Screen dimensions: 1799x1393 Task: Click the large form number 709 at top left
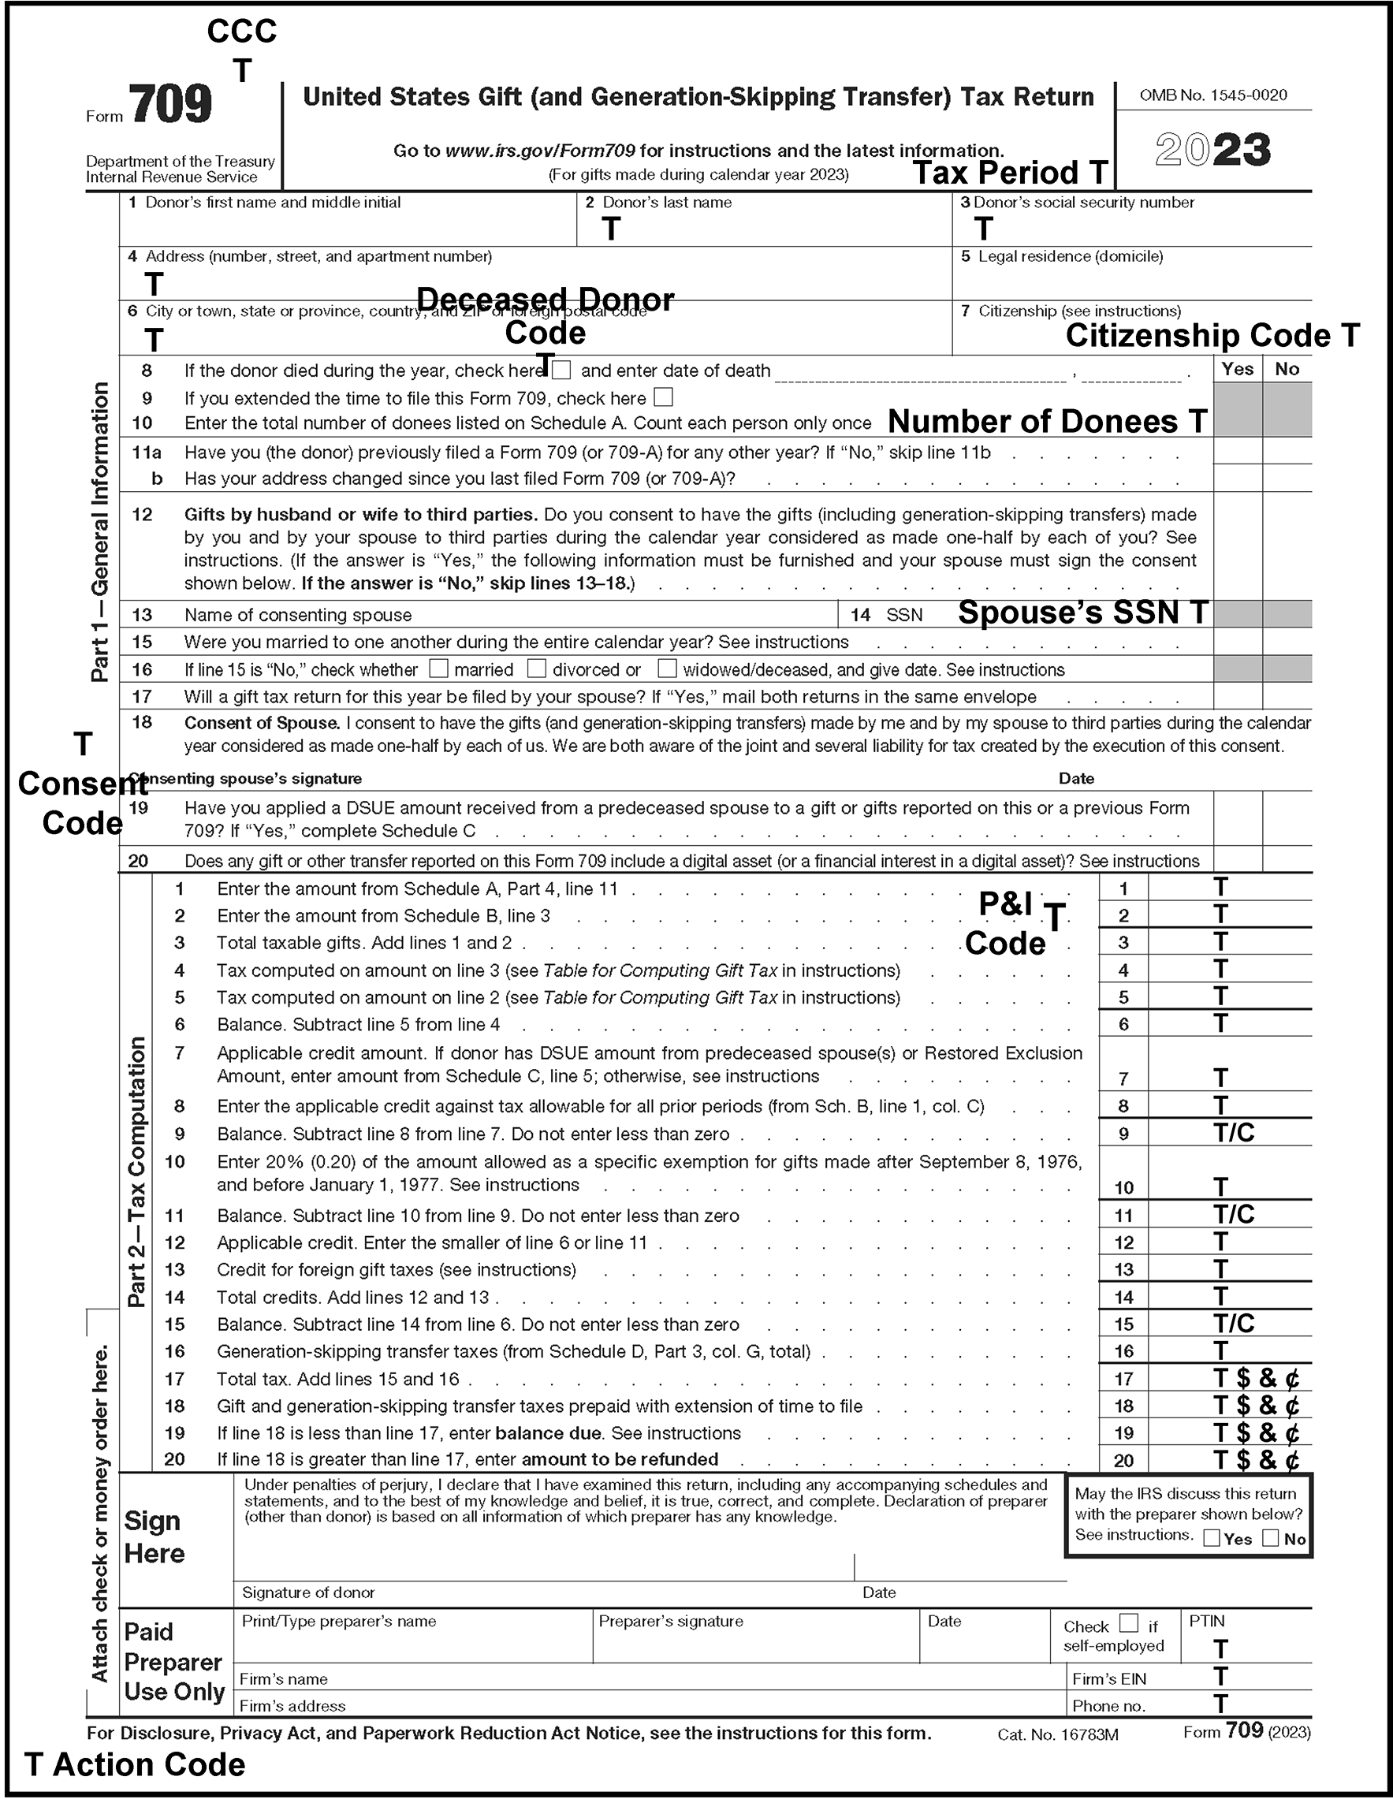170,106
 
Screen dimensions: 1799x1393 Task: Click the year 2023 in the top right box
1212,151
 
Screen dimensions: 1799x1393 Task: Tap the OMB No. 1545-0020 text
1212,95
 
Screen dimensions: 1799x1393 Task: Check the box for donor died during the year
562,370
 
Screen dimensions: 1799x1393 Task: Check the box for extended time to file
663,398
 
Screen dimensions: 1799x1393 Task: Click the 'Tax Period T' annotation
1010,173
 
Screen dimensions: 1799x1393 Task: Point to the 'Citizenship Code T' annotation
1212,335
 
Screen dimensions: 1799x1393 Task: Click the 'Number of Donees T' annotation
1047,422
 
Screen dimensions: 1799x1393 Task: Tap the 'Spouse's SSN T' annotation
1083,613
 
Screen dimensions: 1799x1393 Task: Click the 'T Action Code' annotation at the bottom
135,1764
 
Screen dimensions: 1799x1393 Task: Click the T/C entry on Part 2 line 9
1233,1134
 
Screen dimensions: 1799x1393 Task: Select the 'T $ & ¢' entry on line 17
1257,1378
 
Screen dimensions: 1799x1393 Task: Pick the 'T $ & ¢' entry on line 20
1257,1460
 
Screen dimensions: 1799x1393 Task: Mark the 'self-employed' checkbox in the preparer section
1130,1622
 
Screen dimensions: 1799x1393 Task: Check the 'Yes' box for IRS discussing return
1212,1538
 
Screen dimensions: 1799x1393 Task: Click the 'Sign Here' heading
154,1537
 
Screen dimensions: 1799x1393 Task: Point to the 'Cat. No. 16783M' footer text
1058,1734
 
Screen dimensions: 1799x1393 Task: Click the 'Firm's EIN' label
1108,1678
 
